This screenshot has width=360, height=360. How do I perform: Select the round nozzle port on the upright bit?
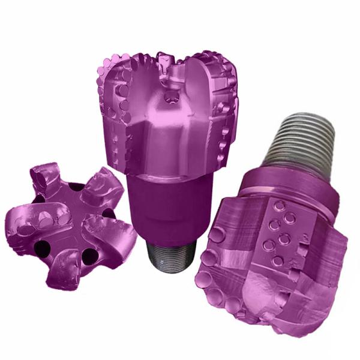coord(173,97)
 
